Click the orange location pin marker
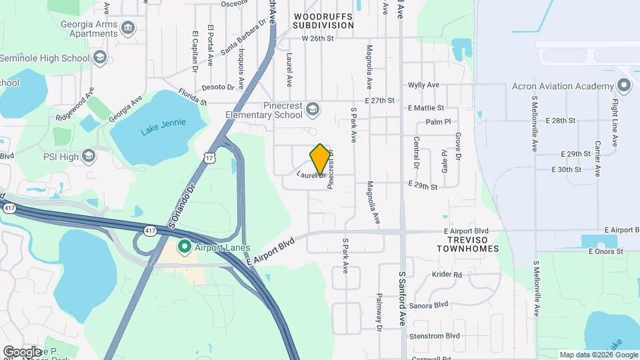pyautogui.click(x=320, y=159)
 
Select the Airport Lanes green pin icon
pyautogui.click(x=184, y=247)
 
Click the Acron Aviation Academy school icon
pyautogui.click(x=623, y=86)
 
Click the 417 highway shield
pyautogui.click(x=149, y=230)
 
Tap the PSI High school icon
pyautogui.click(x=89, y=157)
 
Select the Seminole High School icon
pyautogui.click(x=100, y=58)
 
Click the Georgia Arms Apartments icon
pyautogui.click(x=127, y=27)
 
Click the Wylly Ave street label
pyautogui.click(x=423, y=85)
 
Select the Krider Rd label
pyautogui.click(x=447, y=275)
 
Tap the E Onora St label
pyautogui.click(x=605, y=251)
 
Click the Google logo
pyautogui.click(x=21, y=351)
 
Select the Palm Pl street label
pyautogui.click(x=439, y=122)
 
